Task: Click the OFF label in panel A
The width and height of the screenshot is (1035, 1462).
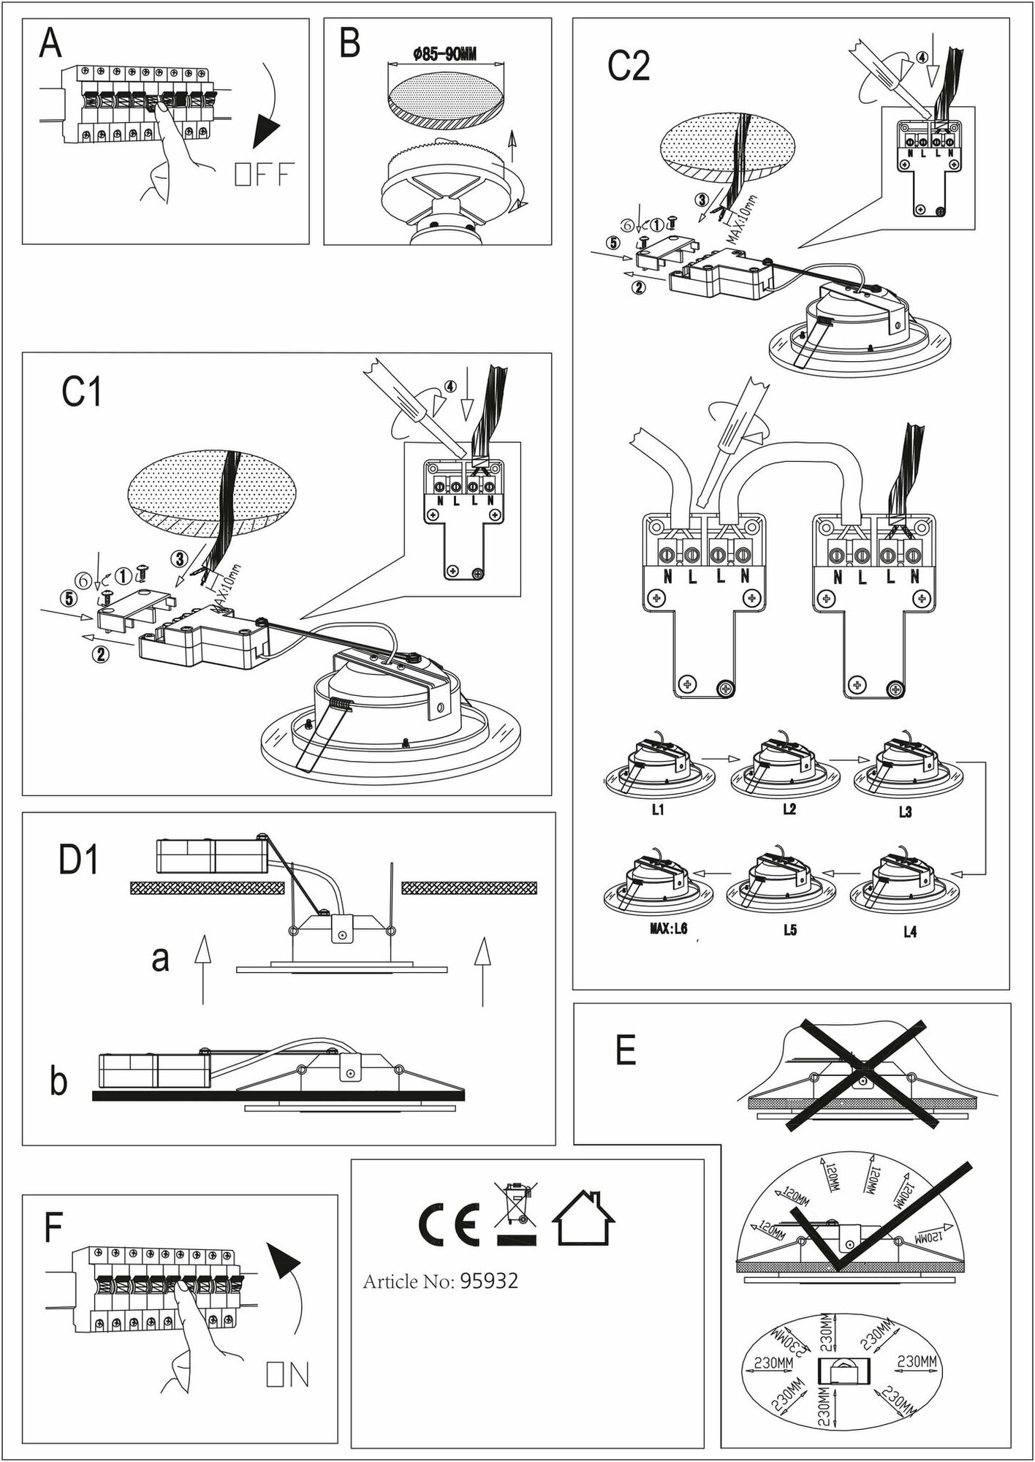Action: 264,175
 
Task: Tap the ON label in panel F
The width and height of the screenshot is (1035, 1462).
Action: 288,1375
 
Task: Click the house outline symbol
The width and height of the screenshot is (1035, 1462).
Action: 583,1219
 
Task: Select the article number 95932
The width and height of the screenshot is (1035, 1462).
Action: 489,1281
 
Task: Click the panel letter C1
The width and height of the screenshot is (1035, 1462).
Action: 81,393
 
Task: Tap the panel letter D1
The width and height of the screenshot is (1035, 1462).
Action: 78,860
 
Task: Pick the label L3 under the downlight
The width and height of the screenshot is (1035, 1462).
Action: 905,811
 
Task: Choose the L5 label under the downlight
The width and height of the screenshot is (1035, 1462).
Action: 789,931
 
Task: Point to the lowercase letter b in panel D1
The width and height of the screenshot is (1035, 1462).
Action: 58,1082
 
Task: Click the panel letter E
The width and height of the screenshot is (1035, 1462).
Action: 626,1050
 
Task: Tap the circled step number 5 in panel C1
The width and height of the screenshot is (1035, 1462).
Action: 69,598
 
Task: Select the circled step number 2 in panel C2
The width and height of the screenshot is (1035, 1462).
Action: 638,287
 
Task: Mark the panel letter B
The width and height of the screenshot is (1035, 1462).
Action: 350,44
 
